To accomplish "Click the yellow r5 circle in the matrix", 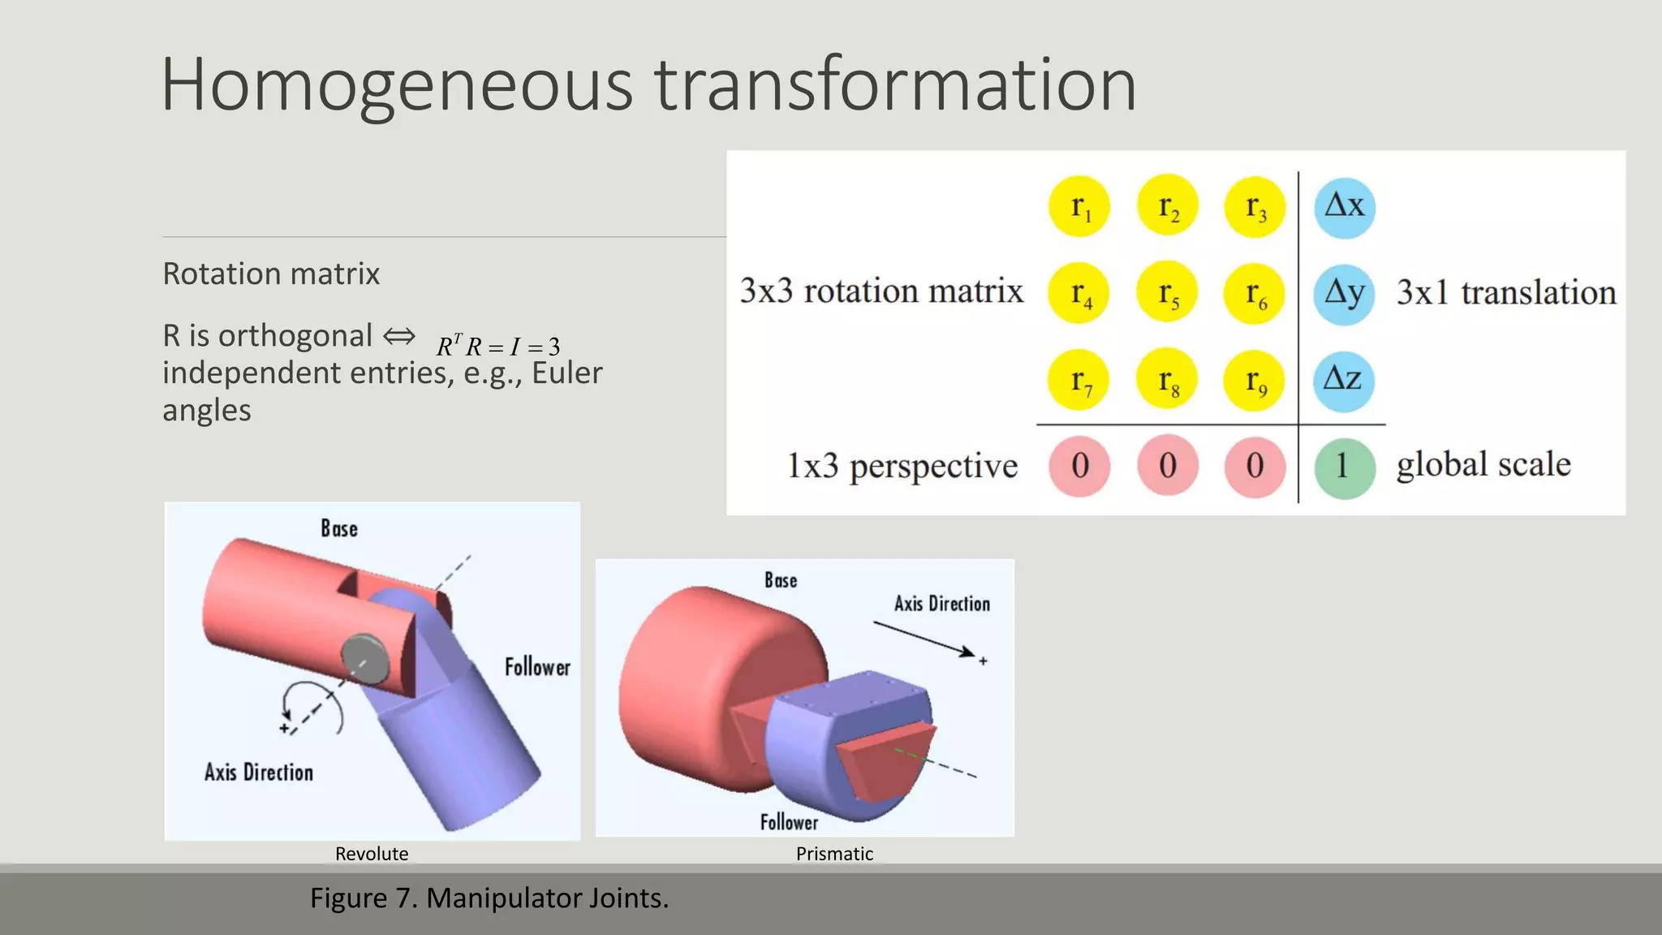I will click(x=1167, y=292).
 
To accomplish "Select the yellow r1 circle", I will click(x=1079, y=206).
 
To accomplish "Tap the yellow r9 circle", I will click(x=1255, y=380).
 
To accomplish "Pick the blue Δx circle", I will click(x=1344, y=206).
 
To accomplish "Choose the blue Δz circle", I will click(x=1344, y=380).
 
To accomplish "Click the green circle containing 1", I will click(x=1344, y=466).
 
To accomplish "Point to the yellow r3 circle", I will click(x=1255, y=206).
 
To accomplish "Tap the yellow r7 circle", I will click(x=1079, y=380).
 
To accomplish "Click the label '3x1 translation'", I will click(x=1506, y=292).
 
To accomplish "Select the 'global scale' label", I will click(x=1483, y=464).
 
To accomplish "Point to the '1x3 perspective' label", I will click(x=902, y=466).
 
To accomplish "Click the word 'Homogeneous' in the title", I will click(x=396, y=84).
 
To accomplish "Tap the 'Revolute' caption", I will click(x=372, y=854).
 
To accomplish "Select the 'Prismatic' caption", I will click(x=834, y=854).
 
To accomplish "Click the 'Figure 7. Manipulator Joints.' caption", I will click(x=489, y=898).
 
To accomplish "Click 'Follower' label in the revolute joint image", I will click(x=537, y=667).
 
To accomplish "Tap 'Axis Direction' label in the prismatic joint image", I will click(x=942, y=604).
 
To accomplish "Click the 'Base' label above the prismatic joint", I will click(x=781, y=580).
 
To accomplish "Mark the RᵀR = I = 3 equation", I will click(x=498, y=347).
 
